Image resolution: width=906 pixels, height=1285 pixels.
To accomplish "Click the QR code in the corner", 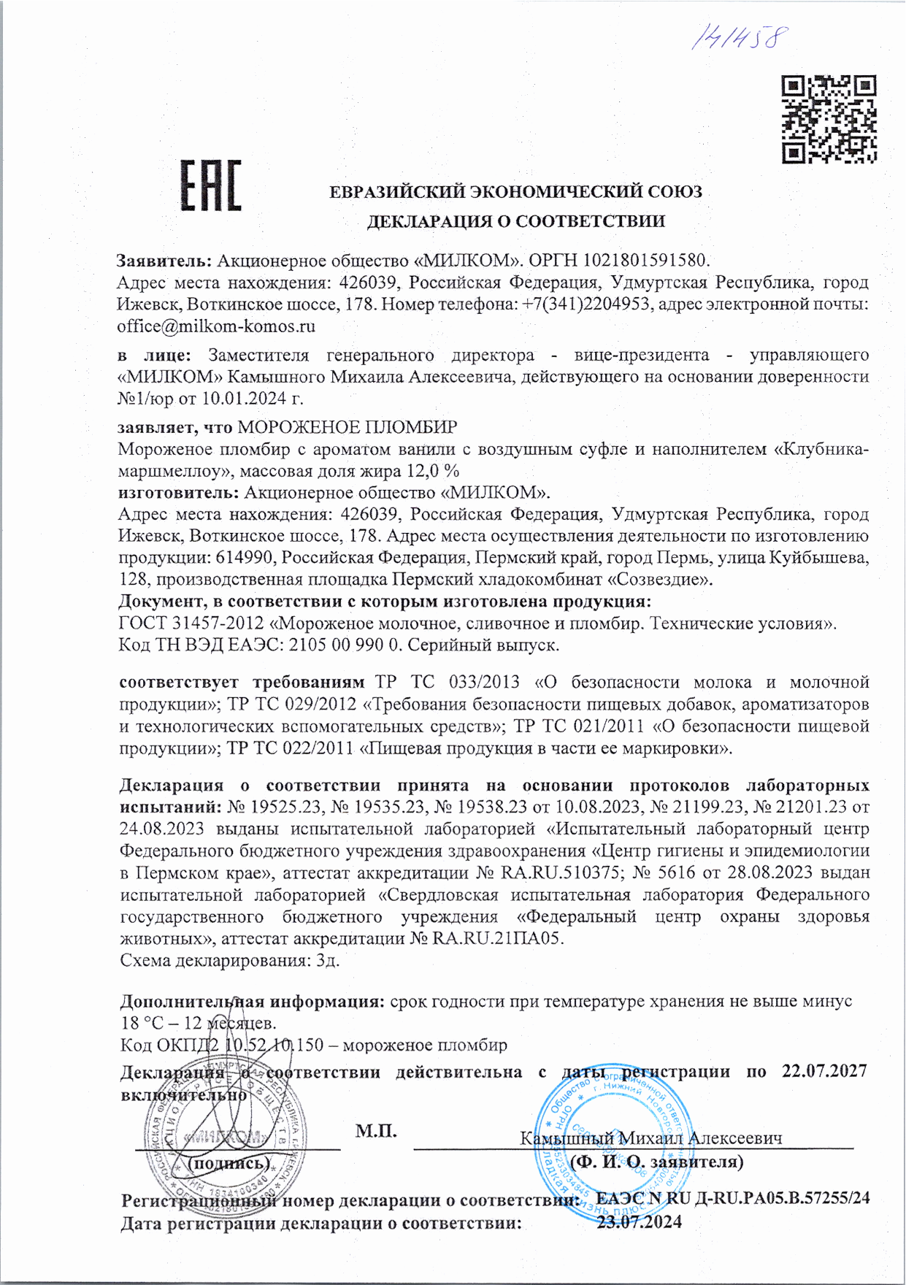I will click(x=829, y=119).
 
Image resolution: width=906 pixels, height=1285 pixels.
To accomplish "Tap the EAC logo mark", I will click(x=210, y=185).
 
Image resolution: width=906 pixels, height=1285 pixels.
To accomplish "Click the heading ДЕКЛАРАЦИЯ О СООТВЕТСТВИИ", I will click(x=515, y=220).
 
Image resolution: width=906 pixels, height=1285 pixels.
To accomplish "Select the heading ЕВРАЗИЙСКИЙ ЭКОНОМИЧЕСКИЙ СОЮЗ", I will click(x=515, y=193).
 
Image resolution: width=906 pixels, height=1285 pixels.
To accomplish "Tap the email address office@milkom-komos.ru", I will click(x=216, y=326).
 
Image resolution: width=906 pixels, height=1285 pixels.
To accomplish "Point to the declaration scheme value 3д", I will click(x=327, y=960).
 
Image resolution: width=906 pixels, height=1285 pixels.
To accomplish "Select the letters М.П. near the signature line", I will click(x=376, y=1131).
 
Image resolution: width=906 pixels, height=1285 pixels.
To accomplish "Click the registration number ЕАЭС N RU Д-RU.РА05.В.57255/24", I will click(x=732, y=1198).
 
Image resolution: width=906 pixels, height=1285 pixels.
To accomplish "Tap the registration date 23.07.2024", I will click(x=640, y=1221).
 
